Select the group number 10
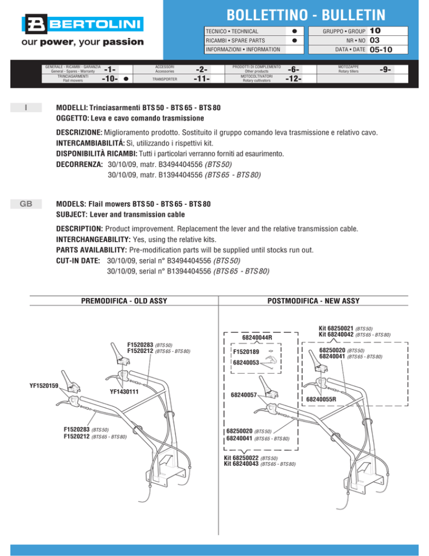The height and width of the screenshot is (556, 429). [x=375, y=31]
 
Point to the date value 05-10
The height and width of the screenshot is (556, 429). [x=380, y=50]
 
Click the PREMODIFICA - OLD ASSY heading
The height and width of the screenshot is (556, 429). [x=125, y=301]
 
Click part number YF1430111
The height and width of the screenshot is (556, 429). [x=124, y=392]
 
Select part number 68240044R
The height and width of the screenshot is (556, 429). [x=257, y=338]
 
